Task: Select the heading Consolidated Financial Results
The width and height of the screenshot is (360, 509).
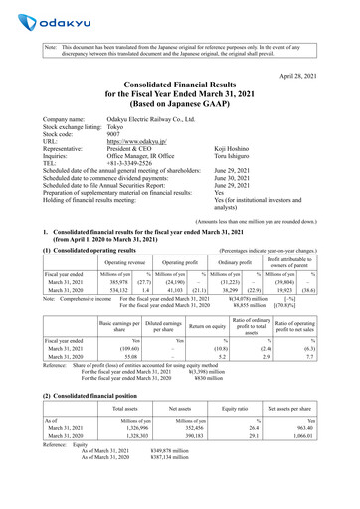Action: [x=179, y=91]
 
